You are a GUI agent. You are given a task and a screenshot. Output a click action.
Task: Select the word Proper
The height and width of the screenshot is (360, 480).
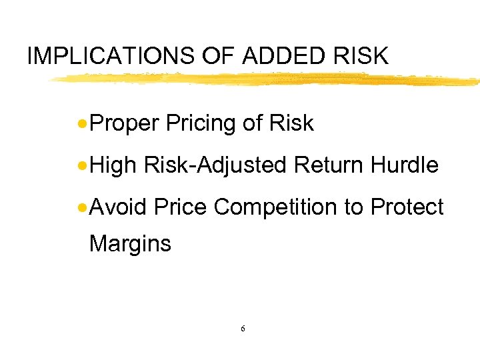[124, 124]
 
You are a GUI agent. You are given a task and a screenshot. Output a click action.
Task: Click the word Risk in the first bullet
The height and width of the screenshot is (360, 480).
[292, 123]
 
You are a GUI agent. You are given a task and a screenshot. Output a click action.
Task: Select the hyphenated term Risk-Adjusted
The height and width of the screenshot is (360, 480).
[214, 165]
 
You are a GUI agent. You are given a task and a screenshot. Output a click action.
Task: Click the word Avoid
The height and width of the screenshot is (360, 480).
[117, 207]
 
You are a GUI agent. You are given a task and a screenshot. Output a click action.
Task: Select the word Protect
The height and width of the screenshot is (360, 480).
[407, 207]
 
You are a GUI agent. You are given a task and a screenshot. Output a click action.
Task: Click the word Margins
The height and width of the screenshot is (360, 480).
[130, 244]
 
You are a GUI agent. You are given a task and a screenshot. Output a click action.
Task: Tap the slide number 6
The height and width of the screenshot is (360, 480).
[243, 329]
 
